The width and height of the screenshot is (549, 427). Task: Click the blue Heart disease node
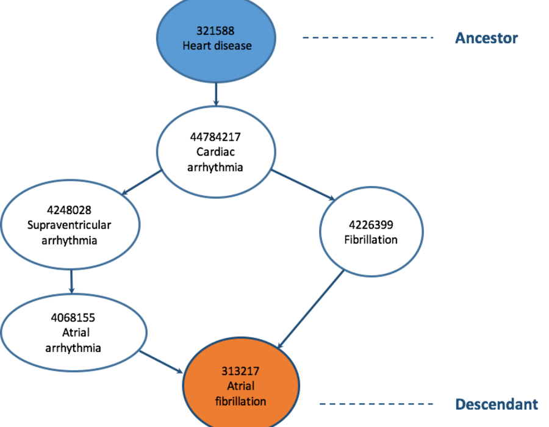pyautogui.click(x=216, y=38)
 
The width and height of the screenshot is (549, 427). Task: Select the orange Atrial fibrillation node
pyautogui.click(x=241, y=384)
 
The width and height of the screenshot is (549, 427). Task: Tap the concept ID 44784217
pyautogui.click(x=215, y=137)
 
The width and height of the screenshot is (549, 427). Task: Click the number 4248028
pyautogui.click(x=69, y=210)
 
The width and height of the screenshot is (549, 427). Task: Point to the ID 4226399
pyautogui.click(x=371, y=224)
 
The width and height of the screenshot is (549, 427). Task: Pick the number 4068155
pyautogui.click(x=73, y=318)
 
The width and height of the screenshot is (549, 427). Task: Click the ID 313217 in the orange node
pyautogui.click(x=240, y=371)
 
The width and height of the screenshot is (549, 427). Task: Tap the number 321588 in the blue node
pyautogui.click(x=215, y=30)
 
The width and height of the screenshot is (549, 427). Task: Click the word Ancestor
pyautogui.click(x=486, y=38)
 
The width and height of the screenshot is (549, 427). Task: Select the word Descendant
pyautogui.click(x=497, y=404)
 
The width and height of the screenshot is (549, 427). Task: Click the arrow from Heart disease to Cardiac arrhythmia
pyautogui.click(x=216, y=94)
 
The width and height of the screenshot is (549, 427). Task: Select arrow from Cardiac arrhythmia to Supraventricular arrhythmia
pyautogui.click(x=141, y=182)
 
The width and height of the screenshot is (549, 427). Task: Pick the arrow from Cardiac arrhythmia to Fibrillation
pyautogui.click(x=303, y=185)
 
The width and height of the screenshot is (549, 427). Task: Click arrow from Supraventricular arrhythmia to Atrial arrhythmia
pyautogui.click(x=71, y=281)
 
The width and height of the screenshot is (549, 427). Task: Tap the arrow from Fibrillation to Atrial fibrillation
pyautogui.click(x=310, y=309)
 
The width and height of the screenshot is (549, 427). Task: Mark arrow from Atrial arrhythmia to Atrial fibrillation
pyautogui.click(x=161, y=362)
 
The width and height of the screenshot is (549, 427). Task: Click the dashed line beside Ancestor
pyautogui.click(x=368, y=37)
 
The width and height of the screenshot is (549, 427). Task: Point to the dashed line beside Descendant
pyautogui.click(x=376, y=404)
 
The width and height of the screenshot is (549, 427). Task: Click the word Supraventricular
pyautogui.click(x=69, y=225)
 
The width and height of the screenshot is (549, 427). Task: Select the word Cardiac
pyautogui.click(x=215, y=152)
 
